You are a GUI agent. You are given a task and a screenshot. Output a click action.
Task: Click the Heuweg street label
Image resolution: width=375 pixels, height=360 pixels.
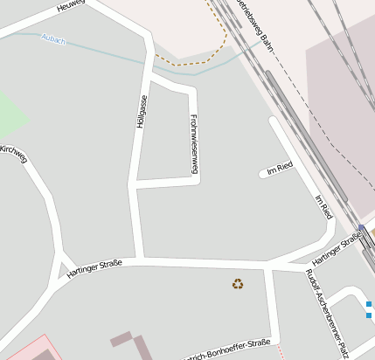tap(71, 6)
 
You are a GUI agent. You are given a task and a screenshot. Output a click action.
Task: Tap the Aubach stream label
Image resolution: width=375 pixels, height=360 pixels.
tap(53, 38)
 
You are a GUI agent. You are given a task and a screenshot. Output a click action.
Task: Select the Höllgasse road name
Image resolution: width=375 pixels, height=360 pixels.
tap(141, 112)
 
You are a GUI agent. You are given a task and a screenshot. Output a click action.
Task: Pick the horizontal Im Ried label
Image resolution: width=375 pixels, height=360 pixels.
tap(280, 169)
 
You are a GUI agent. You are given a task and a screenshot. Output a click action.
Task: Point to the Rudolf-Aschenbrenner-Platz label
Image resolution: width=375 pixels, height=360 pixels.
tap(327, 311)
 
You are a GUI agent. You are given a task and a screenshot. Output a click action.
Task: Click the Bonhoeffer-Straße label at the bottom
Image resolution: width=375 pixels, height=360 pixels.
tap(234, 348)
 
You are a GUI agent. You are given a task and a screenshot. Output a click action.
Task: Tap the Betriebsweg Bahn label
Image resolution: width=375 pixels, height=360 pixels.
tap(247, 26)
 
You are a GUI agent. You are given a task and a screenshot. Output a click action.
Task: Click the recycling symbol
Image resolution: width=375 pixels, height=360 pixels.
tap(237, 283)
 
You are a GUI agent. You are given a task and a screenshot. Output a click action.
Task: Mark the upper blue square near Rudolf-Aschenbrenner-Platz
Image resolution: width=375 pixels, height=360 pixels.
tap(370, 304)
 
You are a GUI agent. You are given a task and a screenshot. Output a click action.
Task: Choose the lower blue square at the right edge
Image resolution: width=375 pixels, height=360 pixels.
tap(370, 314)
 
